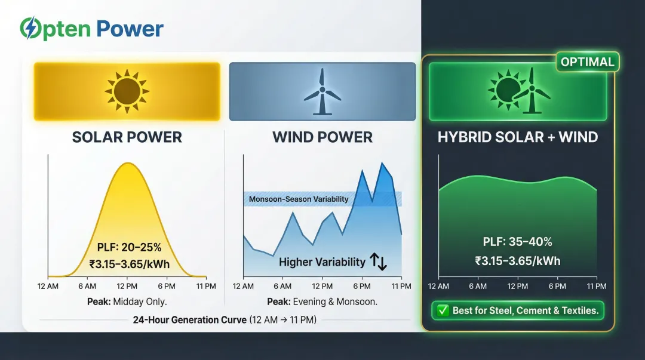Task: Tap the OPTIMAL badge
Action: pos(588,62)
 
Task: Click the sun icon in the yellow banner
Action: pos(127,91)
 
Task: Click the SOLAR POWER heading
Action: pos(127,137)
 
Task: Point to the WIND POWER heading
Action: pos(322,137)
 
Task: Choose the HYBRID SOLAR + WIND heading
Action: pos(517,137)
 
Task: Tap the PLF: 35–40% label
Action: pos(517,242)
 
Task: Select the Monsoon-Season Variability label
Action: pos(299,199)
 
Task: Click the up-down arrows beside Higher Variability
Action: pos(379,261)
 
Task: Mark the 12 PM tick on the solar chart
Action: pos(127,286)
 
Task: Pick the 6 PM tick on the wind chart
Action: pos(361,286)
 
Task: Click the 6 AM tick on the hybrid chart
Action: pos(478,286)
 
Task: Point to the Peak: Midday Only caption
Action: pos(127,301)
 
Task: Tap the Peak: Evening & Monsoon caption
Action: pos(322,301)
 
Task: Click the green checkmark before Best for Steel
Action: pos(443,310)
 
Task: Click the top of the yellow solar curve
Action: pos(127,163)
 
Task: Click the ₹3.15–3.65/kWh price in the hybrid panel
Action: pos(517,261)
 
